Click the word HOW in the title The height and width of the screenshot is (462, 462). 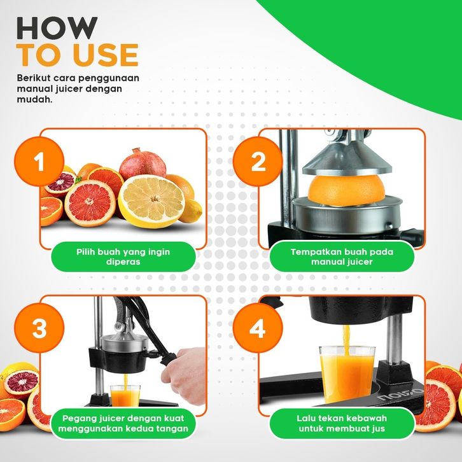pos(57,28)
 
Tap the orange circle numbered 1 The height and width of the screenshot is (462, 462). pos(39,161)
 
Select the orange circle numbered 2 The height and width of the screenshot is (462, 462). pos(258,161)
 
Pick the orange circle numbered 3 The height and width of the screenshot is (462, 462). pos(39,328)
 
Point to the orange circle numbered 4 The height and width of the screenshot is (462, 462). pos(258,328)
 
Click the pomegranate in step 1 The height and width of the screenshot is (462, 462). pos(143,164)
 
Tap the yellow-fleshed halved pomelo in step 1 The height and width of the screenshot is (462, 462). pos(151,201)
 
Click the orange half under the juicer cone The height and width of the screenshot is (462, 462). pos(346,190)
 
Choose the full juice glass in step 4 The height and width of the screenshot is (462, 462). pos(347,374)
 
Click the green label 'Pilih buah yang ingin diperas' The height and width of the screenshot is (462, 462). pos(123,256)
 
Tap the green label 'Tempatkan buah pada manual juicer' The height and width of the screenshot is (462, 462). pos(342,256)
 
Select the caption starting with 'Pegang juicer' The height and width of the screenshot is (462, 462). pos(123,423)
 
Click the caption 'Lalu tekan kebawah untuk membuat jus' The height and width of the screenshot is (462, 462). pos(342,423)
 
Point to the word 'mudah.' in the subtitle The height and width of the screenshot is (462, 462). pos(35,99)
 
